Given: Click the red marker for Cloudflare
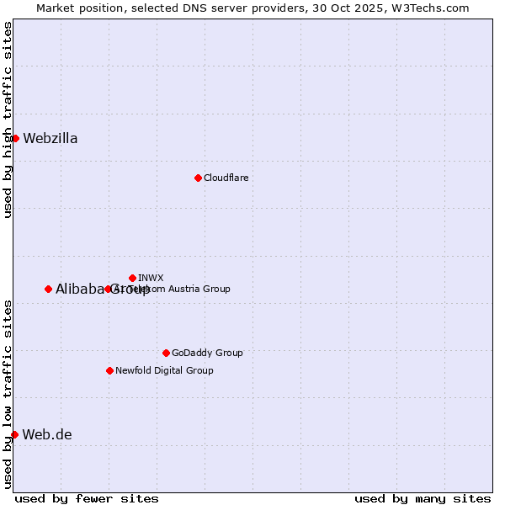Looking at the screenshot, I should tap(198, 178).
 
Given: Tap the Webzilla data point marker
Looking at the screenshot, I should tap(15, 138).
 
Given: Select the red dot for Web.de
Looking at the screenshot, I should tap(14, 434).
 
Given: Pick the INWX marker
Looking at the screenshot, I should tap(132, 278).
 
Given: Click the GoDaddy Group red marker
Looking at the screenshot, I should tap(166, 353).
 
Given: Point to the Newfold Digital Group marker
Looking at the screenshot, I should tap(109, 370).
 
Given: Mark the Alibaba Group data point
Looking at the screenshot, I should tap(48, 289).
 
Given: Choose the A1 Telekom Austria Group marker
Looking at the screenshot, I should tap(108, 289).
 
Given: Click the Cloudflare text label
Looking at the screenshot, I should tap(226, 178).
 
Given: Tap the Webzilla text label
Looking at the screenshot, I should tap(50, 138).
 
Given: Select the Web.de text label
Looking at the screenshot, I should tap(47, 434).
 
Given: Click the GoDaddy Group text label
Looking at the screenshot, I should tap(207, 353).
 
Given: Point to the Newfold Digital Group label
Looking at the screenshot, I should tap(164, 370).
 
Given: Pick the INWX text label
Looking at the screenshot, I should tap(151, 278).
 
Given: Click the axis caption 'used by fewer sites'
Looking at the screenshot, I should tap(87, 498).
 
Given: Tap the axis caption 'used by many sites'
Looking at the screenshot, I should tap(423, 498).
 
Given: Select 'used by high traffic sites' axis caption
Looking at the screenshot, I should tap(8, 120).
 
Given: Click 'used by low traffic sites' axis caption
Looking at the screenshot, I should tap(8, 393).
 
